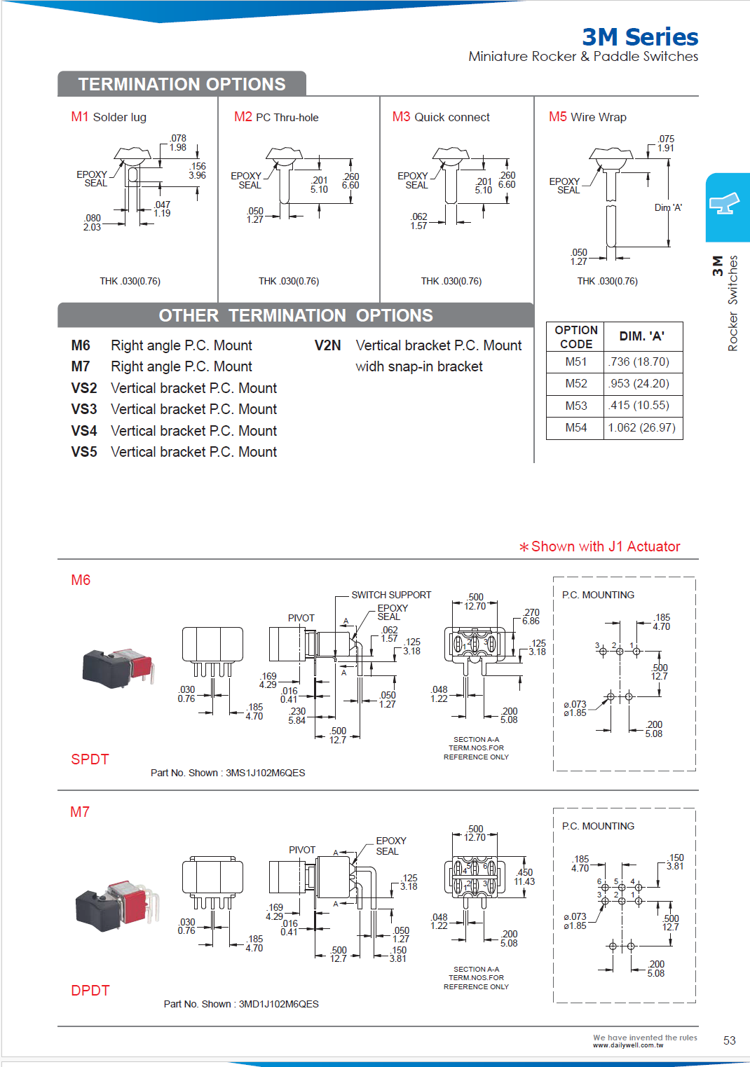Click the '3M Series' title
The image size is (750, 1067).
pos(639,36)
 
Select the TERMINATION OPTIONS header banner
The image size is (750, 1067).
pos(182,84)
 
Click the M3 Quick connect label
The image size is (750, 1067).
pos(441,117)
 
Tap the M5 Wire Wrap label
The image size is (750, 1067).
pos(587,117)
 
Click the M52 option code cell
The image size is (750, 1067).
pos(575,383)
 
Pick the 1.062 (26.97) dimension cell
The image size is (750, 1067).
pos(641,427)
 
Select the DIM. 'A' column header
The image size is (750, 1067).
pos(641,336)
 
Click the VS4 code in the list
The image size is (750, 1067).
pos(84,431)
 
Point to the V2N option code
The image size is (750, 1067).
pos(327,345)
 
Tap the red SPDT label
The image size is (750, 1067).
pos(90,759)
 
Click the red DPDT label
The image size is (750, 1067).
pos(90,991)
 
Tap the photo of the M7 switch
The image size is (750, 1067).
pos(116,904)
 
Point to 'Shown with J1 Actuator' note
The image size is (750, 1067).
pos(600,546)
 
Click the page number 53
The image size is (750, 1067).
pos(729,1040)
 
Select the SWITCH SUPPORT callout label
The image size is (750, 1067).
pos(391,595)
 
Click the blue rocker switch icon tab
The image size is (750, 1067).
pos(726,206)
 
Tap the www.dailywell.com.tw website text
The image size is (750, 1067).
pos(627,1045)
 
